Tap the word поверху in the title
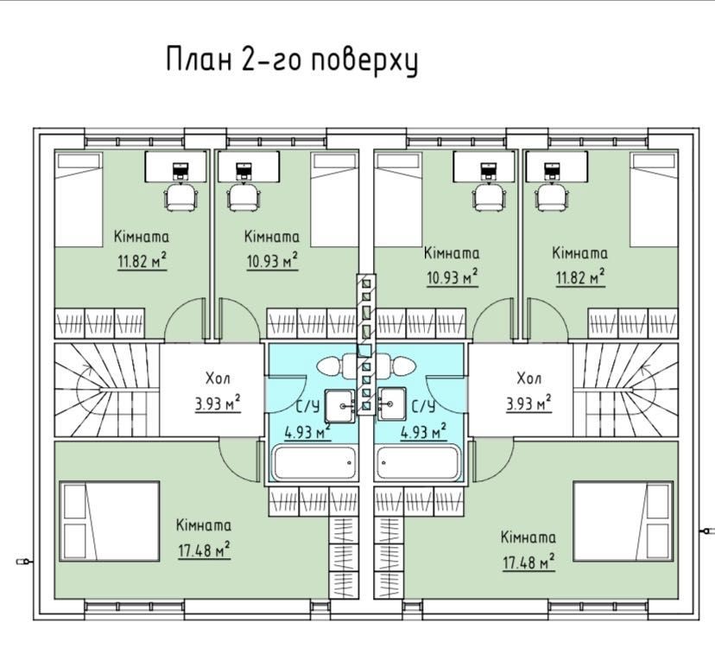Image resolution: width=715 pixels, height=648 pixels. pyautogui.click(x=364, y=61)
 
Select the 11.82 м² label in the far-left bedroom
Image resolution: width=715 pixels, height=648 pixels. pyautogui.click(x=142, y=261)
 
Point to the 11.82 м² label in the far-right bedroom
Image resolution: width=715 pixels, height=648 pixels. pyautogui.click(x=580, y=277)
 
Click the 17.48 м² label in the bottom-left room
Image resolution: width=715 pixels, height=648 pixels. pyautogui.click(x=204, y=550)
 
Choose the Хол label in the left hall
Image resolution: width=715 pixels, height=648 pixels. pyautogui.click(x=218, y=378)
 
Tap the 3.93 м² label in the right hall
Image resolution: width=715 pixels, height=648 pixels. pyautogui.click(x=528, y=403)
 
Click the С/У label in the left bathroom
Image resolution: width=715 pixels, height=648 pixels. pyautogui.click(x=307, y=406)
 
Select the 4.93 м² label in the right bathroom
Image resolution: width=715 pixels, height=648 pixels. pyautogui.click(x=423, y=431)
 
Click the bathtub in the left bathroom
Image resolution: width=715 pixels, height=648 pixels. pyautogui.click(x=314, y=463)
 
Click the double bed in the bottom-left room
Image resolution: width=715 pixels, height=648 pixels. pyautogui.click(x=110, y=521)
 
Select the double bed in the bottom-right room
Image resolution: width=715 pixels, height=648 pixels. pyautogui.click(x=623, y=521)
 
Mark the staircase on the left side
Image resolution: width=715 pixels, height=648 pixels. pyautogui.click(x=107, y=390)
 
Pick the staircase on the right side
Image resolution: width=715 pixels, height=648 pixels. pyautogui.click(x=625, y=390)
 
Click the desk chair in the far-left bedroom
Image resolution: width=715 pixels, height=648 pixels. pyautogui.click(x=181, y=197)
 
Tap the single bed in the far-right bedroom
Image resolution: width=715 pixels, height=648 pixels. pyautogui.click(x=654, y=200)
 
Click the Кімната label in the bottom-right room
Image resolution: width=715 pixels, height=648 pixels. pyautogui.click(x=528, y=537)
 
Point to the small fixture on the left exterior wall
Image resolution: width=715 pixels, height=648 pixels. pyautogui.click(x=22, y=561)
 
